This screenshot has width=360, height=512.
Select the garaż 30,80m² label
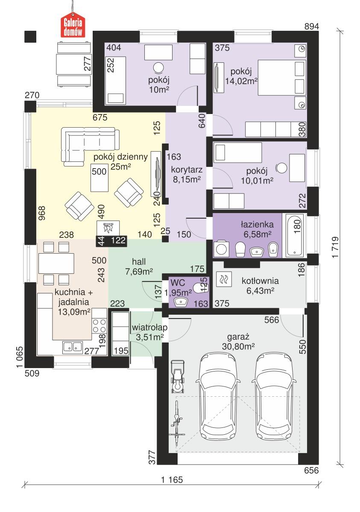point(238,341)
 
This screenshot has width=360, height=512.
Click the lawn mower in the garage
point(178,376)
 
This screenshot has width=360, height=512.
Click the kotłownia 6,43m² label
point(260,285)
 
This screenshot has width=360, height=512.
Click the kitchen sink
point(73,346)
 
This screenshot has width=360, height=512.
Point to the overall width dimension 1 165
point(172,479)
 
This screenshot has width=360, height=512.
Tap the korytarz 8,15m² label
point(186,174)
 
